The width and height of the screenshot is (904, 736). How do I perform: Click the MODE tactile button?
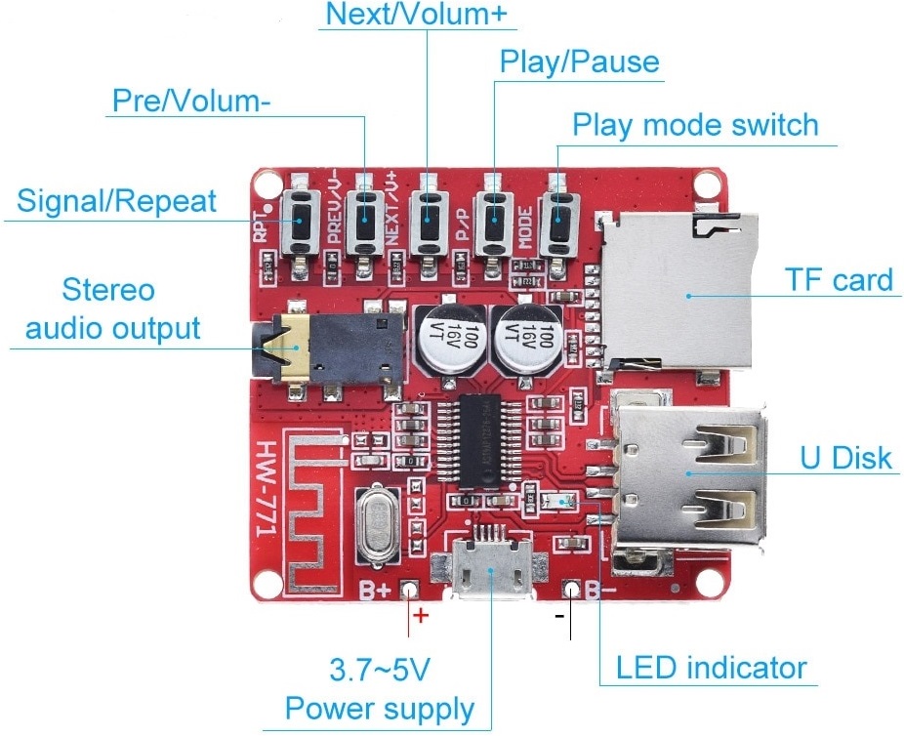click(557, 222)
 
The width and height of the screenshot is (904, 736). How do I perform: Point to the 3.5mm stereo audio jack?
click(337, 350)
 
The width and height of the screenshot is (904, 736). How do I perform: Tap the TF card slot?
click(678, 294)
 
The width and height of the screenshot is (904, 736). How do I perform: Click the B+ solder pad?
click(411, 590)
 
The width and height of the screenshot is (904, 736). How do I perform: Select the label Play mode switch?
click(694, 125)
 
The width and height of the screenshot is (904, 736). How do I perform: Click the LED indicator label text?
click(711, 669)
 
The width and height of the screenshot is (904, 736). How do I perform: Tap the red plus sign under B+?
click(421, 616)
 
